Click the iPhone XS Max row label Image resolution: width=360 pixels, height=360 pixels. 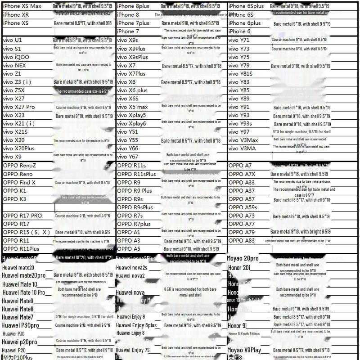coord(22,6)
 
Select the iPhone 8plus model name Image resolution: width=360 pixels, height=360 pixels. coord(133,6)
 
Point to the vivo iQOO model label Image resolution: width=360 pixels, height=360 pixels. coord(16,57)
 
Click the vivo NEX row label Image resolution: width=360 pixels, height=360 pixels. coord(15,65)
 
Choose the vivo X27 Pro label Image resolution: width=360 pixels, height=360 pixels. coord(19,107)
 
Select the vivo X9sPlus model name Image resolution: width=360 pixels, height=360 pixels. coord(132,57)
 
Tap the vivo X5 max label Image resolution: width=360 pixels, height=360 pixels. coord(132,107)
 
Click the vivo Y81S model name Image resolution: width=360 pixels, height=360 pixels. coord(241,74)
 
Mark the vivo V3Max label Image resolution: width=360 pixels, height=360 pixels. coord(243,140)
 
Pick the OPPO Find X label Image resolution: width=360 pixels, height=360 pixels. coord(19,183)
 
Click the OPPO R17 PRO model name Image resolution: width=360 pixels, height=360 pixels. coord(22,216)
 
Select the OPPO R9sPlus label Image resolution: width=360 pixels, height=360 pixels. coord(135,207)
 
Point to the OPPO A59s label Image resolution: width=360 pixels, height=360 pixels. coord(243,207)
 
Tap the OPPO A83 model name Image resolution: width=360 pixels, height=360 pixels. coord(242,241)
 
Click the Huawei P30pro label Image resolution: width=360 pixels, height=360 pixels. coord(21,325)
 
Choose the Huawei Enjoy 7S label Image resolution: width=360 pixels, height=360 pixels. coord(134,350)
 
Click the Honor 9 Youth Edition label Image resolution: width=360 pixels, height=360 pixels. coord(243,334)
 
